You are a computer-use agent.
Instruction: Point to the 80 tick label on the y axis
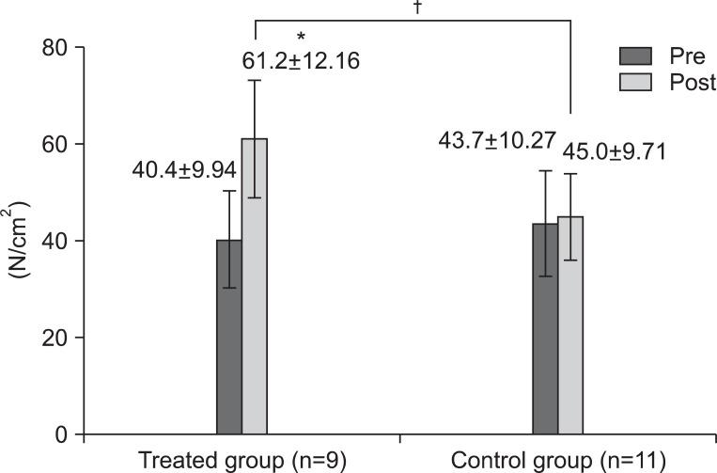coord(55,47)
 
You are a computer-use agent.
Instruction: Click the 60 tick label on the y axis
coord(55,144)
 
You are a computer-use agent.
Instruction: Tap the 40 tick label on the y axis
coord(55,241)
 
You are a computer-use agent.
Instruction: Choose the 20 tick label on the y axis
coord(55,338)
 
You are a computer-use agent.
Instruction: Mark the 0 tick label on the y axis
coord(63,434)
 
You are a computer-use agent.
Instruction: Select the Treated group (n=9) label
coord(242,460)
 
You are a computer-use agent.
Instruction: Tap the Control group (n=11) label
coord(559,460)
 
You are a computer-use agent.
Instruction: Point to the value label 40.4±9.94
coord(184,169)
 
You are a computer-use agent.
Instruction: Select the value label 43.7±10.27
coord(497,141)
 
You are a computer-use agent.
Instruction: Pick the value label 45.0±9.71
coord(614,151)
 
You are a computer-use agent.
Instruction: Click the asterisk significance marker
coord(301,38)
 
